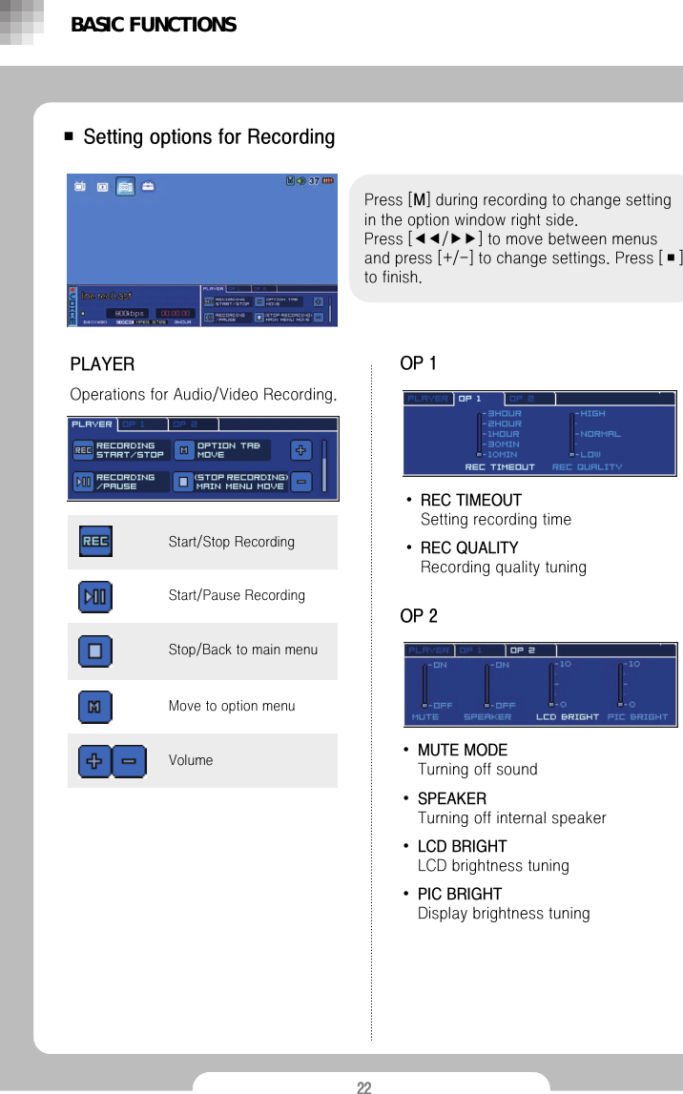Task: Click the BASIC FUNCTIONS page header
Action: coord(154,25)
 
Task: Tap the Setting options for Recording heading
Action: coord(209,137)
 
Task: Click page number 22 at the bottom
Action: coord(363,1087)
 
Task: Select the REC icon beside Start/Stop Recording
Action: coord(95,542)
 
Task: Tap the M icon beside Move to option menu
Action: coord(95,707)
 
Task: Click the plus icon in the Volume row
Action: coord(95,761)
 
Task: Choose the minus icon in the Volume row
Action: coord(129,761)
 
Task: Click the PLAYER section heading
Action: coord(102,364)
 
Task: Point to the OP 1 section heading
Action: coord(418,363)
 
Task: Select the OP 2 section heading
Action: coord(419,616)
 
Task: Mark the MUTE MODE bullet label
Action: coord(463,751)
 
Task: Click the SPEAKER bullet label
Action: coord(452,798)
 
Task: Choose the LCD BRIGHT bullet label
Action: coord(463,847)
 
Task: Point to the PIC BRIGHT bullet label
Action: coord(460,895)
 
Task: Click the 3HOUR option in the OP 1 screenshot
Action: coord(505,413)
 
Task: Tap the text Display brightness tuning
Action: coord(504,914)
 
